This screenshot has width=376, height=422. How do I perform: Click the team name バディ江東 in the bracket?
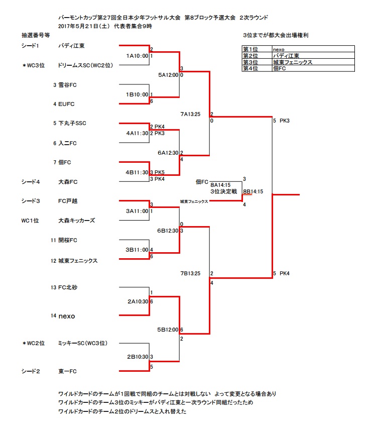point(71,46)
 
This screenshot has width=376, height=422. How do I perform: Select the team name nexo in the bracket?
point(67,316)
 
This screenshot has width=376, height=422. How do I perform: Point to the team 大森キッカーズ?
point(76,221)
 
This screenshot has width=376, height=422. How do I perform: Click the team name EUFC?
point(67,104)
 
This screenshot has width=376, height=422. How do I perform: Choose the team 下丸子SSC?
point(73,123)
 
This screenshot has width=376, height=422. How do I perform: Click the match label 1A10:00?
point(137,56)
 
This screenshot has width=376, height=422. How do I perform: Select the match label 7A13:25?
point(190,115)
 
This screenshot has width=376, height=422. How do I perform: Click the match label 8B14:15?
point(253,191)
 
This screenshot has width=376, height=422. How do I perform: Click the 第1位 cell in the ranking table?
point(250,49)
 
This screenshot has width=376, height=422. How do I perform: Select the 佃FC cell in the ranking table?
point(280,68)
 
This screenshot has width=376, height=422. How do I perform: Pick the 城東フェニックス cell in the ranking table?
point(293,62)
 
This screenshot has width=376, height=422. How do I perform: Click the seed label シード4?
point(31,181)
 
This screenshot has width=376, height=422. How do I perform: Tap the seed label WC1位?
point(30,221)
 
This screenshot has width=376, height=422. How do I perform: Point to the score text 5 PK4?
point(281,273)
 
